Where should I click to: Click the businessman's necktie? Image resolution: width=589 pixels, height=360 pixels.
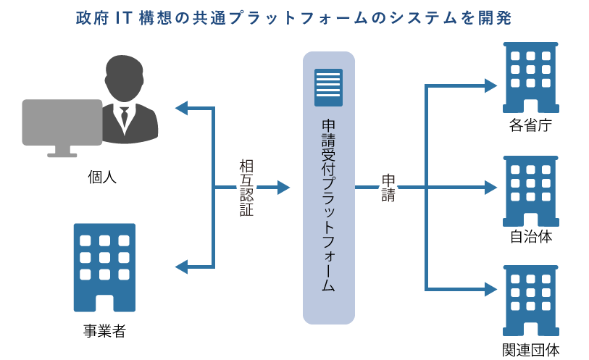coord(124,115)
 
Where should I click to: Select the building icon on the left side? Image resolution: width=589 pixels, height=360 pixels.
coord(104,267)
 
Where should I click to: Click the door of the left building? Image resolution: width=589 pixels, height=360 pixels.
coord(104,303)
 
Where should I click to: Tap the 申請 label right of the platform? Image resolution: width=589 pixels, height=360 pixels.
coord(389,188)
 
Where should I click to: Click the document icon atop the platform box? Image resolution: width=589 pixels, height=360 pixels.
coord(328,88)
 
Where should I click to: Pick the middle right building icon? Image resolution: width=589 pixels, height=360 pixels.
coord(530,192)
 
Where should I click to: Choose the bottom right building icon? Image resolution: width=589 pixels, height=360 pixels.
coord(530,300)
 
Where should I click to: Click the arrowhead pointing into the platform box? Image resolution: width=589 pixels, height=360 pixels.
coord(283,188)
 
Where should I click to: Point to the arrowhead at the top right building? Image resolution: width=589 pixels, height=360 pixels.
coord(491,85)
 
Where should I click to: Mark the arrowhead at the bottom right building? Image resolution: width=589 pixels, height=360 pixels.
coord(491,289)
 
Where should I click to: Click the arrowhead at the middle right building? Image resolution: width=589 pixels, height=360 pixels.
coord(491,188)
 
